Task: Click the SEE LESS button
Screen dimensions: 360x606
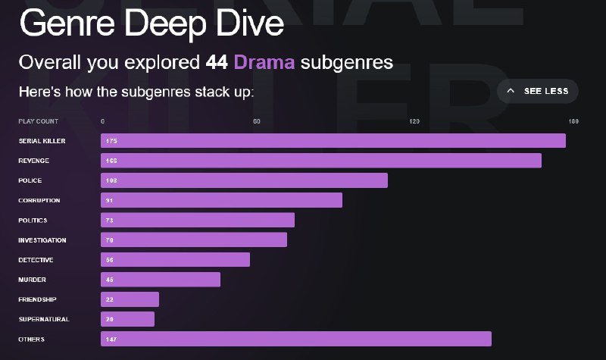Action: (x=538, y=91)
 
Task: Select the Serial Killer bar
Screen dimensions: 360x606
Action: (x=333, y=141)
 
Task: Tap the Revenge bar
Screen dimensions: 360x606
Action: (x=321, y=161)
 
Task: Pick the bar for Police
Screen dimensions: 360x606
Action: (x=244, y=180)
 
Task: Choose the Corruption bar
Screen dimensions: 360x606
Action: (x=221, y=200)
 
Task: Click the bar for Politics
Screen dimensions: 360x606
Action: (x=198, y=220)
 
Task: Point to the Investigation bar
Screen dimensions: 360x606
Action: (x=194, y=240)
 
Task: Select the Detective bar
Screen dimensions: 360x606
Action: (x=175, y=260)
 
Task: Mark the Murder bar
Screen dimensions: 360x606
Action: (x=161, y=280)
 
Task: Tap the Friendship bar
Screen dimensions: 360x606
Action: (x=130, y=299)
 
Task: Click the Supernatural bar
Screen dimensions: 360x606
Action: (x=127, y=319)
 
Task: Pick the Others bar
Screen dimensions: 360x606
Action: (x=296, y=339)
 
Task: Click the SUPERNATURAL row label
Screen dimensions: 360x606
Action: (x=44, y=319)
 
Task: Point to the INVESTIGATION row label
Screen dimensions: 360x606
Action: (x=42, y=240)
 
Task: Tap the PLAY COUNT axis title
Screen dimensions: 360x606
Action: (x=38, y=121)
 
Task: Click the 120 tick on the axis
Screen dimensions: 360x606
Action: (x=414, y=121)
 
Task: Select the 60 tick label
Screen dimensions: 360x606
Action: (x=257, y=121)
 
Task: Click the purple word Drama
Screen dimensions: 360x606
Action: (x=264, y=62)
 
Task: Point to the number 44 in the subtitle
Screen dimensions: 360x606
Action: (x=217, y=62)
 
